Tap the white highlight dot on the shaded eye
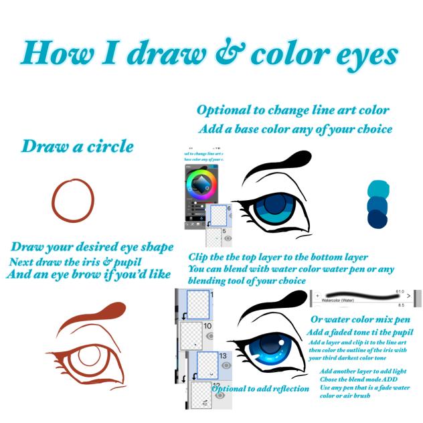tap(266, 345)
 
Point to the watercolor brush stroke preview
tap(361, 295)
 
